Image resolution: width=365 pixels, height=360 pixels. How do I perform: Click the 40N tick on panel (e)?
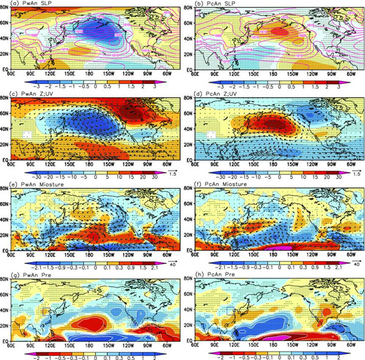(7, 218)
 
